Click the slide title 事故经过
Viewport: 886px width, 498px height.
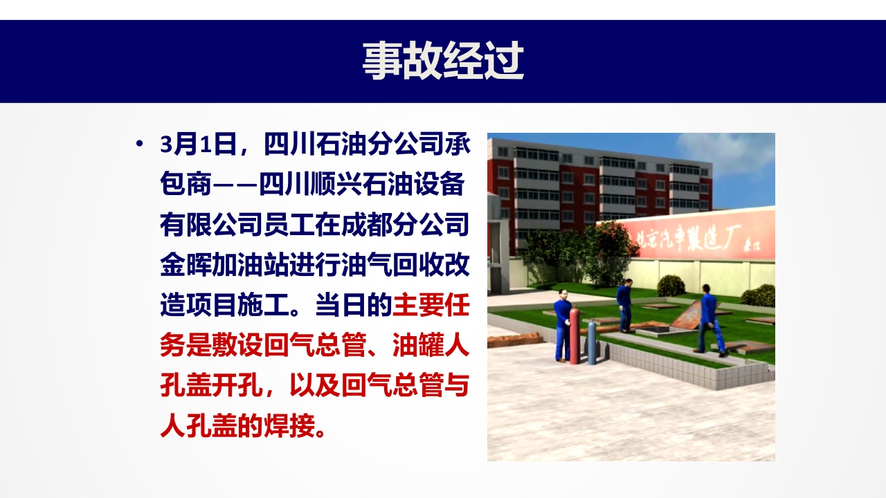[x=443, y=62]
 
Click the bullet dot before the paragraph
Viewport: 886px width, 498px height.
[x=139, y=143]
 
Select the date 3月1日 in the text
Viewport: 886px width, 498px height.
[x=198, y=145]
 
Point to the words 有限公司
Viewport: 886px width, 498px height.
[x=211, y=225]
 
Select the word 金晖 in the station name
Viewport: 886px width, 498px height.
[x=186, y=265]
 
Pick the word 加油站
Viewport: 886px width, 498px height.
[x=250, y=265]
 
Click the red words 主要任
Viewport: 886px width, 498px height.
[x=431, y=305]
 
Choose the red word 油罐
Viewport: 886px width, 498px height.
[x=417, y=345]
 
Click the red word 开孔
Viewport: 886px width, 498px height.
[x=237, y=386]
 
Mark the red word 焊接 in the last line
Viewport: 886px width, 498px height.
[x=289, y=426]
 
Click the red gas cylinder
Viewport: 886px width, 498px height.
[x=575, y=335]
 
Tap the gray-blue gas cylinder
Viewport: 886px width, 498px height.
[x=592, y=342]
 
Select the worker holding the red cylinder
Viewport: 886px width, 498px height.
[x=562, y=325]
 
